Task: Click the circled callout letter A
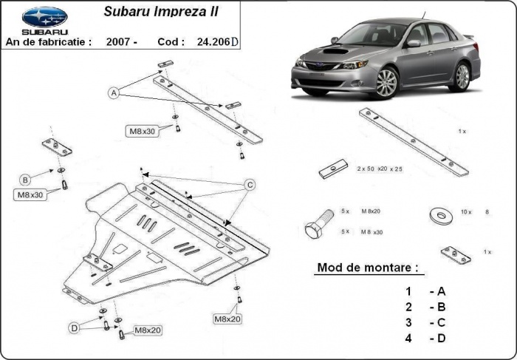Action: tap(114, 93)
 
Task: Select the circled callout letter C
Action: tap(250, 184)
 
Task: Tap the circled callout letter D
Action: tap(74, 327)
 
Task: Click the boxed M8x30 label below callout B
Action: tap(30, 195)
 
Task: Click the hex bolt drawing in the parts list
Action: tap(318, 224)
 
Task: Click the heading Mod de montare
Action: tap(367, 267)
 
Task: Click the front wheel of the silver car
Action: tap(386, 83)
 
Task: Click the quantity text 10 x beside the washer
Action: tap(465, 212)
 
